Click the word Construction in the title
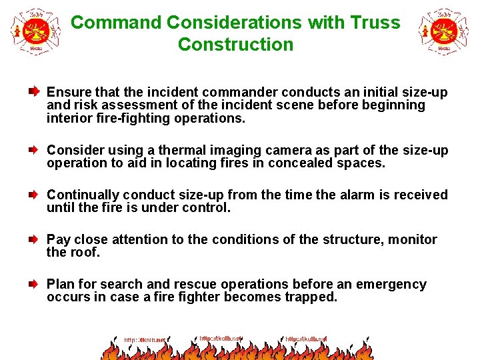235,45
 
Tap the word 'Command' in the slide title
116,23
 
